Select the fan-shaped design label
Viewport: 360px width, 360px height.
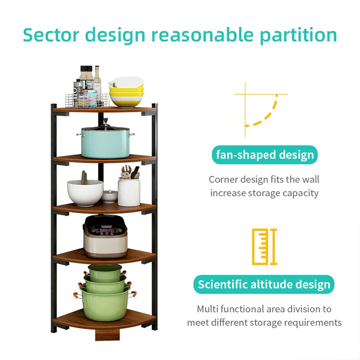pyautogui.click(x=264, y=155)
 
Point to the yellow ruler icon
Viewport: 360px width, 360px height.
pyautogui.click(x=264, y=247)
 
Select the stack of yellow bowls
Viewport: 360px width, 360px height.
pyautogui.click(x=126, y=93)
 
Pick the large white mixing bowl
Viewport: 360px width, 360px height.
pyautogui.click(x=85, y=192)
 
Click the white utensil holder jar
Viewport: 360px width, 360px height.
pyautogui.click(x=129, y=191)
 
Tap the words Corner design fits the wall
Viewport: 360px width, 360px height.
pyautogui.click(x=264, y=180)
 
